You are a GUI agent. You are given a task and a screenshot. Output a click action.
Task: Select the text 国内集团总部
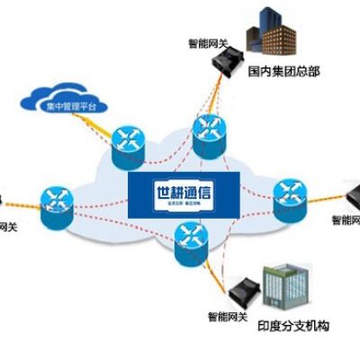click(x=284, y=70)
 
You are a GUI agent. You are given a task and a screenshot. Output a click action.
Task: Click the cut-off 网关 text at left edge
click(x=7, y=226)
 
